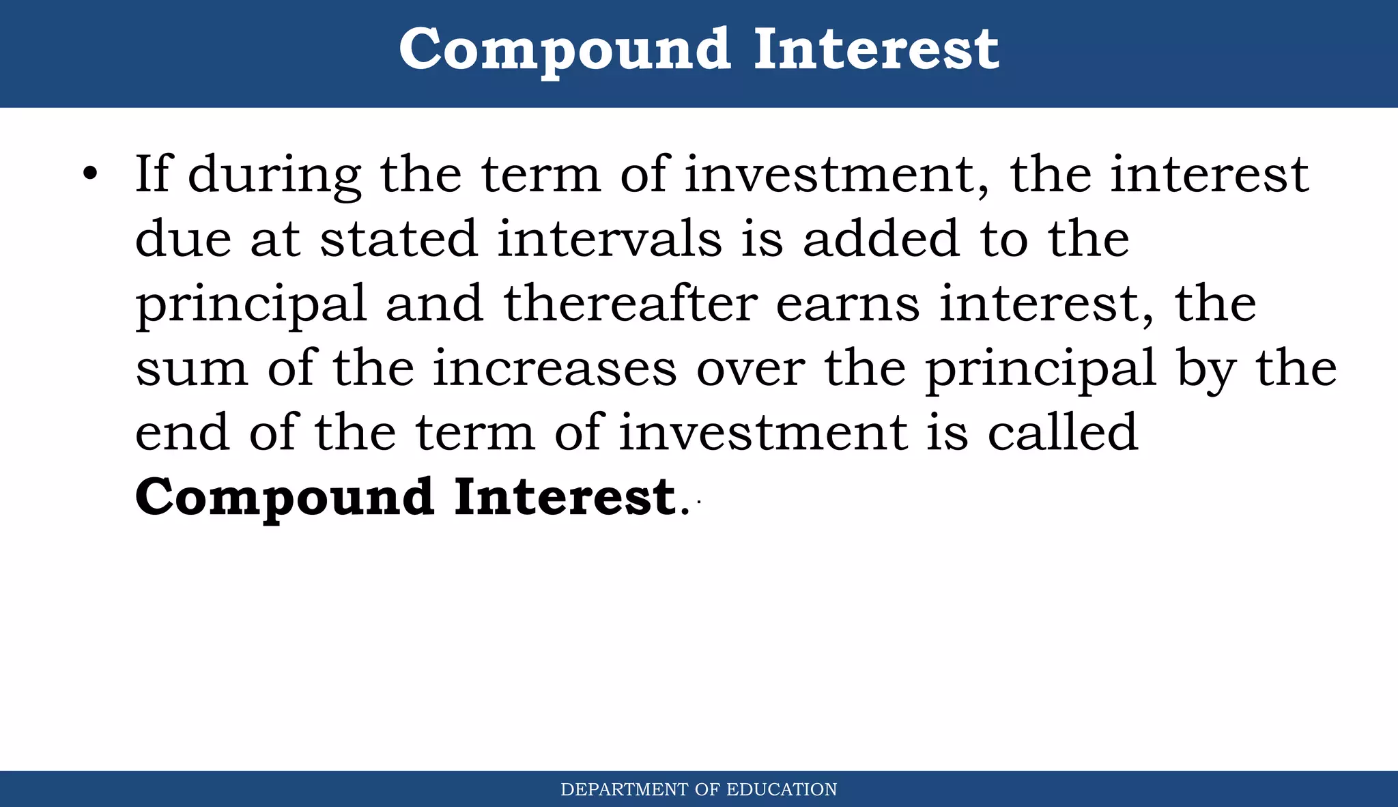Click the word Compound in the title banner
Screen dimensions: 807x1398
click(x=565, y=50)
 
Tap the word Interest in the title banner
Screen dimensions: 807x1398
click(x=876, y=50)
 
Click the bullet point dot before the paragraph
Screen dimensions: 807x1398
click(x=90, y=173)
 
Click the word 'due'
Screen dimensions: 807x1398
click(x=183, y=239)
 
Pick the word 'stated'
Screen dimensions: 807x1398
click(x=399, y=239)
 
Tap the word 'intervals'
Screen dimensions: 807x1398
click(x=609, y=239)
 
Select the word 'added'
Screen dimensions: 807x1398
click(x=881, y=239)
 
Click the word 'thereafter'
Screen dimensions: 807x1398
click(x=631, y=303)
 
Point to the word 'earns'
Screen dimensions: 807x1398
click(x=848, y=305)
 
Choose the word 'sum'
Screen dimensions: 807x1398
click(x=191, y=369)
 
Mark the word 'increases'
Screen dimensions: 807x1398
click(x=554, y=369)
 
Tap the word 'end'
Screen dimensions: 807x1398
click(x=182, y=432)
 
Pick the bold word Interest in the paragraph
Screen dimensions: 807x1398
click(x=565, y=497)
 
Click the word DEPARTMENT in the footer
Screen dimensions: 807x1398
click(x=624, y=790)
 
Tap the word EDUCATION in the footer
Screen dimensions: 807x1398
click(x=782, y=790)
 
